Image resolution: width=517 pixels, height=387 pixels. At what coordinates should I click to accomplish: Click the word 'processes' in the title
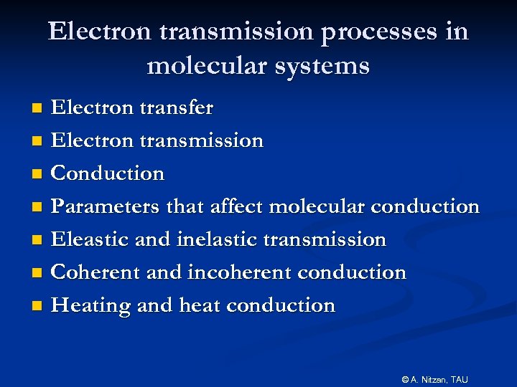point(369,32)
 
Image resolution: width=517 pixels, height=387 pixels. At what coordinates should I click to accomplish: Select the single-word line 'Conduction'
point(108,173)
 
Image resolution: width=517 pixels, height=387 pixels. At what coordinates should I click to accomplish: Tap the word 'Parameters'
point(106,207)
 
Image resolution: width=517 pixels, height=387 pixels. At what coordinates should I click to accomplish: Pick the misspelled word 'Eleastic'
point(90,239)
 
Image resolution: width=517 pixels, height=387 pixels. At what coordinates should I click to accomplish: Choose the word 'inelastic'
point(220,239)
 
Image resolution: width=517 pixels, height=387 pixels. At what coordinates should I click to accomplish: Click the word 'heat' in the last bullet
point(200,305)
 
